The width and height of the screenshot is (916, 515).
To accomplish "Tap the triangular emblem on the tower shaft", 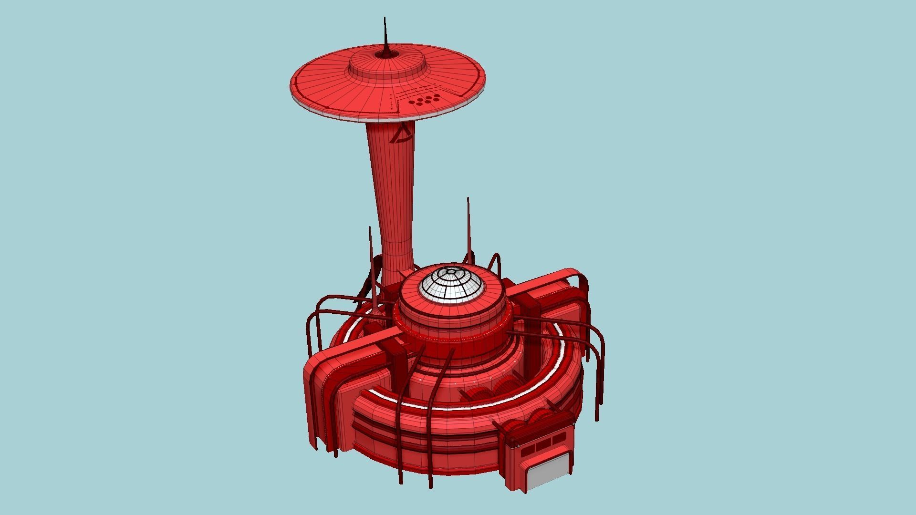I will coord(401,134).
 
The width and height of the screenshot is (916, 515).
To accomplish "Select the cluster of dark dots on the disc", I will coord(424,100).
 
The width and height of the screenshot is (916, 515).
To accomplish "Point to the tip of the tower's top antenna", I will coord(385,19).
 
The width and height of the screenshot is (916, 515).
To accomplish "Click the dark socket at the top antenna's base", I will coord(385,55).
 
